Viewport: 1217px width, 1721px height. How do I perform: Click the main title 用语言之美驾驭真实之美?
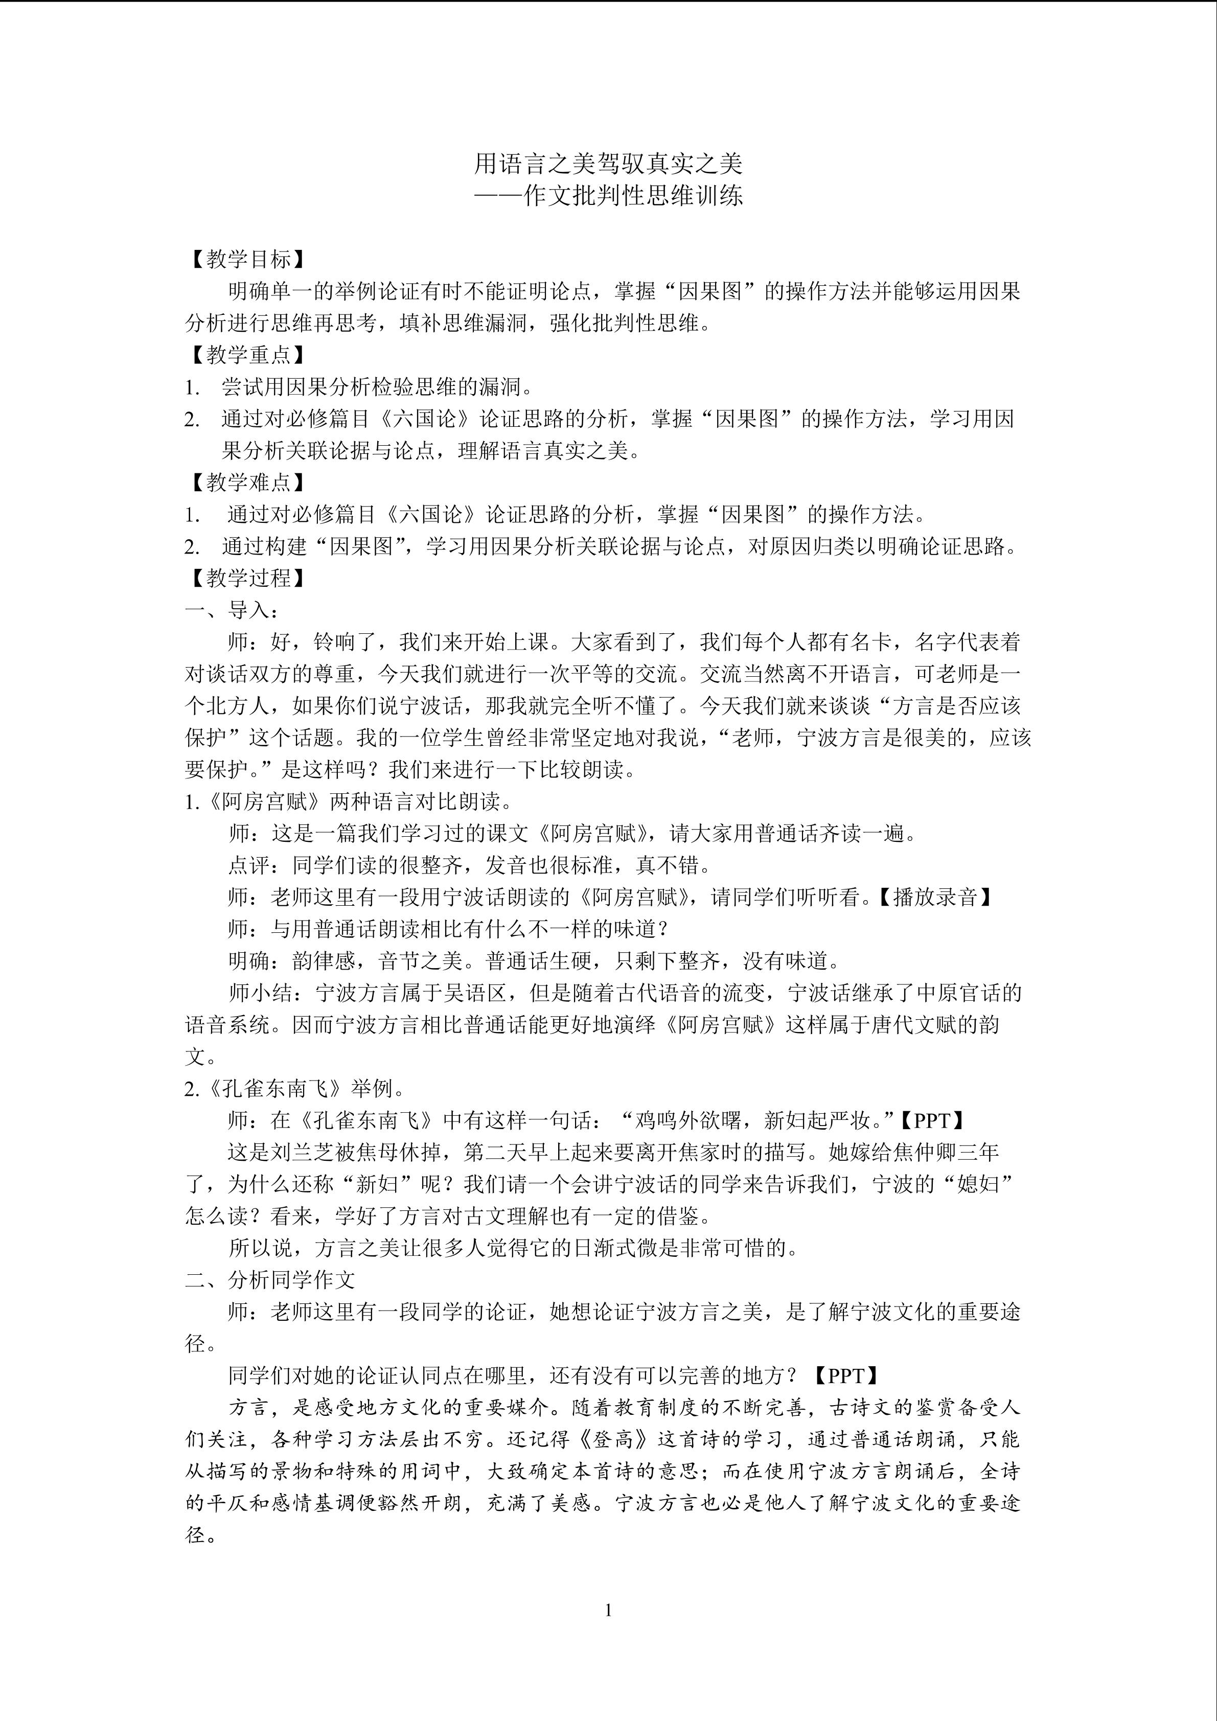pos(608,163)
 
